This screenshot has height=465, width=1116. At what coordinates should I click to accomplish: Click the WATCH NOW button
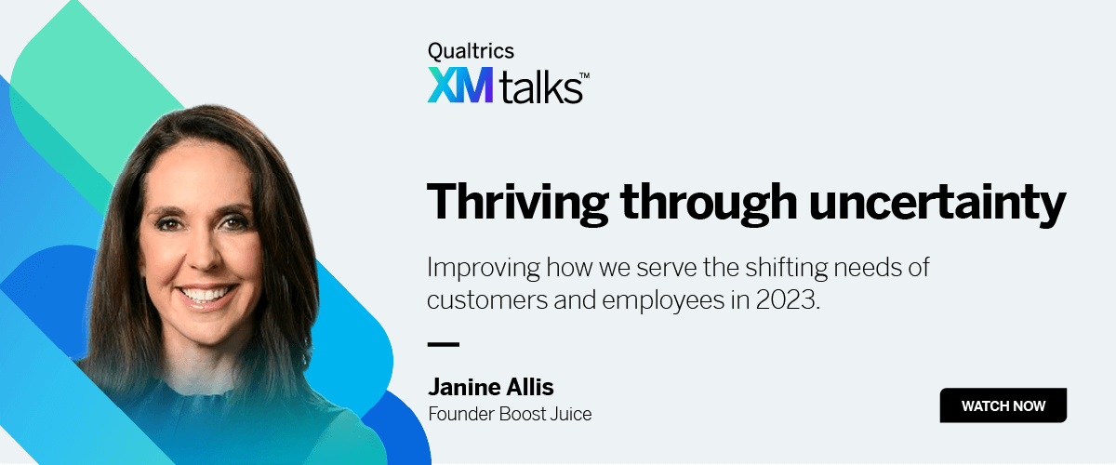pos(1003,405)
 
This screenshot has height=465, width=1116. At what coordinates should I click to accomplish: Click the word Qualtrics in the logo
pos(471,51)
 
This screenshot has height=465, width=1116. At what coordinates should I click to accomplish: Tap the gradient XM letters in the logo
pos(459,85)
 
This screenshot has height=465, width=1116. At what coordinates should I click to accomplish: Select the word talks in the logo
pos(540,87)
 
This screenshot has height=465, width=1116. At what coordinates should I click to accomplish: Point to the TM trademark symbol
pos(584,75)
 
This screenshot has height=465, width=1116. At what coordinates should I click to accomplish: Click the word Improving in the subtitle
pos(484,269)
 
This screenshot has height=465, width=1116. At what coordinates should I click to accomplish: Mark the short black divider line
pos(444,344)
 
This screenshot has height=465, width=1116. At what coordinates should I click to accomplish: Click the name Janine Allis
pos(491,387)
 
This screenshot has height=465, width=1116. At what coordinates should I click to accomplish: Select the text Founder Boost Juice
pos(510,414)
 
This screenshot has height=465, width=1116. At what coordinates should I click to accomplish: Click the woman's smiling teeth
pos(206,294)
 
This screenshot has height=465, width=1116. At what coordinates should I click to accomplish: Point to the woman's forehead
pos(199,175)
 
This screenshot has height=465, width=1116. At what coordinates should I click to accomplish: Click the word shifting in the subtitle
pos(786,269)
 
